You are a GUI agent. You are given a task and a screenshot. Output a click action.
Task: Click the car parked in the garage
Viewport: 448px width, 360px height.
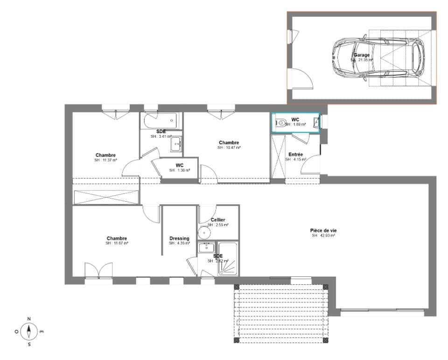(x=379, y=57)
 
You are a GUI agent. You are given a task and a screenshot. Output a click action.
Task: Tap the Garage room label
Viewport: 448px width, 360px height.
(x=362, y=55)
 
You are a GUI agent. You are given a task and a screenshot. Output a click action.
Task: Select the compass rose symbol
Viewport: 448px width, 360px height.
(x=29, y=332)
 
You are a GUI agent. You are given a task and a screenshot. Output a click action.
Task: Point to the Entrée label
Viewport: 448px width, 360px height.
(x=295, y=155)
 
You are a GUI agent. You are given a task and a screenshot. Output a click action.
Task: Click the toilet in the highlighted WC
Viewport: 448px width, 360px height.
(x=281, y=123)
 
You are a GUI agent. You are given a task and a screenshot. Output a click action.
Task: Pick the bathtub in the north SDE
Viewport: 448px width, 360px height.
(x=161, y=121)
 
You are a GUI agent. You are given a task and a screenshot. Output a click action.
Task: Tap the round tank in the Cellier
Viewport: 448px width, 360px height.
(x=204, y=233)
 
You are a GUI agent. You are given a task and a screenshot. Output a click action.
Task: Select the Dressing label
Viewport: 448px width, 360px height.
(x=179, y=239)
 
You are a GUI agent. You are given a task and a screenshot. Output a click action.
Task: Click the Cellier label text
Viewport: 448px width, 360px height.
(x=218, y=220)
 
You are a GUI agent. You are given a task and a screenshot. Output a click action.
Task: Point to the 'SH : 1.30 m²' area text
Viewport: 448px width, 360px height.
(x=179, y=170)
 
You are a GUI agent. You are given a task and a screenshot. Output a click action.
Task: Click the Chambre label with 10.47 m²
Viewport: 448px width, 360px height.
(x=229, y=143)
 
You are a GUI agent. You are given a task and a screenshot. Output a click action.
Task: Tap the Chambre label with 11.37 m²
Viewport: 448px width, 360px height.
(x=105, y=155)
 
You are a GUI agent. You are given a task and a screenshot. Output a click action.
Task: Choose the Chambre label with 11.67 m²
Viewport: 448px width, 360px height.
(x=117, y=239)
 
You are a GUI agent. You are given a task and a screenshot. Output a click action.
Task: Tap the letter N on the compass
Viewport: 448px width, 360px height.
(x=29, y=319)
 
